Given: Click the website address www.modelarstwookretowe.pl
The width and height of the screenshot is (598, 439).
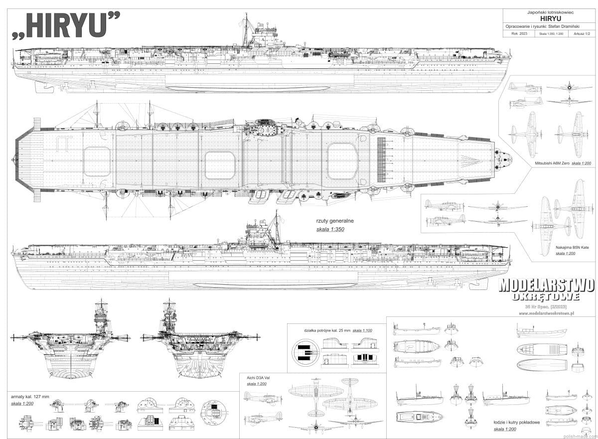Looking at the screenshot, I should tap(547, 313).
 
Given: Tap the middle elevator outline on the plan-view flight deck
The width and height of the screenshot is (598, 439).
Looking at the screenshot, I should tap(219, 164).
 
